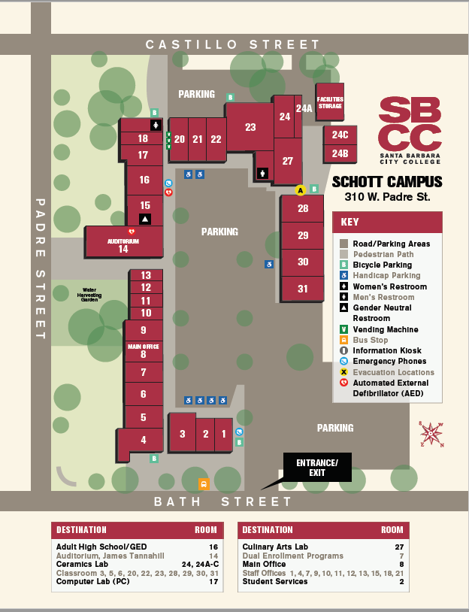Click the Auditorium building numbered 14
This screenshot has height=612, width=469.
point(123,244)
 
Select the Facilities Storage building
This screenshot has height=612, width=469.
point(329,102)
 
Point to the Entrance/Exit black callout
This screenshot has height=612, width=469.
point(317,465)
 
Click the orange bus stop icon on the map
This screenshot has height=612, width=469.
point(203,483)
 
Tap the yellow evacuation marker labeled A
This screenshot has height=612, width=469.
point(301,190)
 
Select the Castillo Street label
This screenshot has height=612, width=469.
point(233,45)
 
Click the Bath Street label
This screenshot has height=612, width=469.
point(223,501)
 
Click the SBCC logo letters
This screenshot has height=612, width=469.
point(410,124)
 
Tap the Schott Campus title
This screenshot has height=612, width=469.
point(387,182)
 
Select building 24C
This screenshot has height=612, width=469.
point(340,135)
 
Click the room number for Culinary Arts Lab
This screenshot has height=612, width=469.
point(400,547)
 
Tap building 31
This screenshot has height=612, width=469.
point(303,289)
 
